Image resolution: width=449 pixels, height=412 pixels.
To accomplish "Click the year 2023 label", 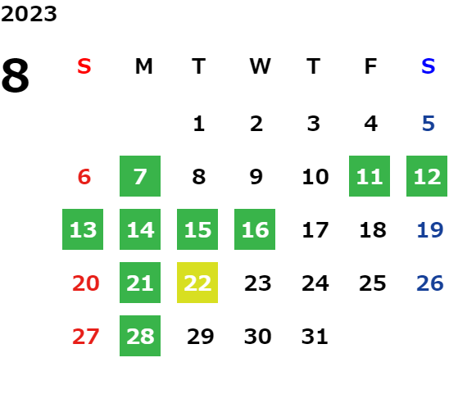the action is [x=29, y=14].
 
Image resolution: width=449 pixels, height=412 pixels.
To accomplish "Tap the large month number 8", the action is [x=16, y=75].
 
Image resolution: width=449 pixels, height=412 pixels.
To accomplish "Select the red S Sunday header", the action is [x=84, y=66].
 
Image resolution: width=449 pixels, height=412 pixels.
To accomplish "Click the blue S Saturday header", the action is [x=428, y=66].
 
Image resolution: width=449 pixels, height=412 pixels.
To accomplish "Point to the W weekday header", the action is [x=260, y=66].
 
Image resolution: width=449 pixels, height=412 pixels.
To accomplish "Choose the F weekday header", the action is [x=370, y=66].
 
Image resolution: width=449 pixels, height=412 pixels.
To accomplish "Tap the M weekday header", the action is [x=143, y=66].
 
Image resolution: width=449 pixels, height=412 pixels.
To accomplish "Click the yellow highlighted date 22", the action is [x=197, y=283].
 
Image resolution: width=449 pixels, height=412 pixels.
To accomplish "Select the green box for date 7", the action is [x=140, y=176].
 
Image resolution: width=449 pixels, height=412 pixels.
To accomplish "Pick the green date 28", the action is [x=140, y=336].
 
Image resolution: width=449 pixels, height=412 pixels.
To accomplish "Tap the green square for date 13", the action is [x=83, y=229].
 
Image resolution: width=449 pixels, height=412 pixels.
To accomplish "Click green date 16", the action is [x=255, y=229].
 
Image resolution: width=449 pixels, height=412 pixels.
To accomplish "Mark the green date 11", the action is [x=370, y=176].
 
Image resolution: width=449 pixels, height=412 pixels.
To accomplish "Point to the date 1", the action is [x=199, y=124].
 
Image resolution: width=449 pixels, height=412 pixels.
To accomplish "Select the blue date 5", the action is [x=429, y=124].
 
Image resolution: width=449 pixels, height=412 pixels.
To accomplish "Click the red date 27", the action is [x=85, y=336].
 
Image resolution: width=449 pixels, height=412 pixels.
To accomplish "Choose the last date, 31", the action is [x=315, y=336].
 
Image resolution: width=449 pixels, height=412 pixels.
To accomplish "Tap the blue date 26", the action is [x=430, y=283].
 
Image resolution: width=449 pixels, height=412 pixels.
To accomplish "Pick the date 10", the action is [x=315, y=177].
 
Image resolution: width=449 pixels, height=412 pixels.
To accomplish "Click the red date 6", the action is [x=84, y=177].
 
